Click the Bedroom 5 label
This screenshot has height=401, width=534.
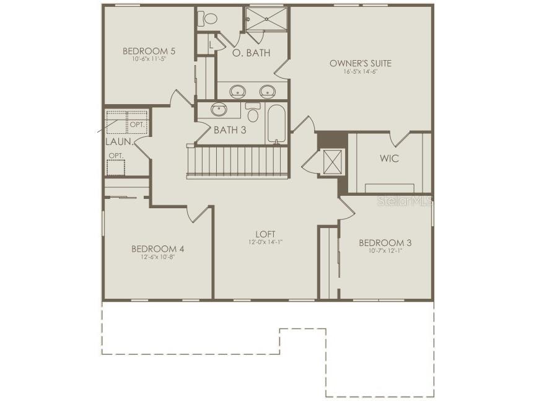(149, 51)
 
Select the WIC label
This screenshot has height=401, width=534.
(389, 159)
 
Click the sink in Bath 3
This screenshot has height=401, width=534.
(219, 110)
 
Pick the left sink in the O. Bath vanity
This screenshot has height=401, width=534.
(237, 92)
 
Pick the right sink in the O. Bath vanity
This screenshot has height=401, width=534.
(268, 92)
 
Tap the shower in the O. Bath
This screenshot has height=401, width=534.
(267, 18)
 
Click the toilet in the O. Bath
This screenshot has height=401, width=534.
(208, 18)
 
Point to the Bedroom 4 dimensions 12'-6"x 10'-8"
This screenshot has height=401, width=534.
(157, 257)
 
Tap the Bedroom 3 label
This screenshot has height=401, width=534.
(385, 242)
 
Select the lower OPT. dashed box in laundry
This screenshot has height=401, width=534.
(115, 167)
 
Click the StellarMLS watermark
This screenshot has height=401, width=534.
(405, 201)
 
